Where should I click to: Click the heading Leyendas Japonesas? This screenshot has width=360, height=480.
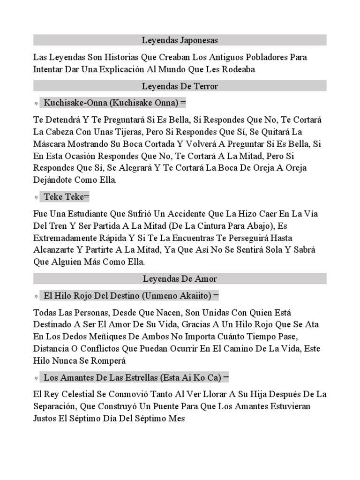(x=180, y=40)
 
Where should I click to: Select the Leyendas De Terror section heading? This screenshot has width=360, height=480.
(x=180, y=86)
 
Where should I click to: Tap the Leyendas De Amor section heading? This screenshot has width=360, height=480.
(x=180, y=279)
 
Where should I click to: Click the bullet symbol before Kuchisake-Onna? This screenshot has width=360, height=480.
(x=36, y=103)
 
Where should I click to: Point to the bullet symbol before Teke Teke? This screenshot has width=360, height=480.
(x=36, y=197)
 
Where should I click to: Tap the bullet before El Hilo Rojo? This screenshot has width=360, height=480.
(x=36, y=297)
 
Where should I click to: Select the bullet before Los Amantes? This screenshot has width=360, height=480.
(x=36, y=378)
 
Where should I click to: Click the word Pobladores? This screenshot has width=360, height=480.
(x=267, y=57)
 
